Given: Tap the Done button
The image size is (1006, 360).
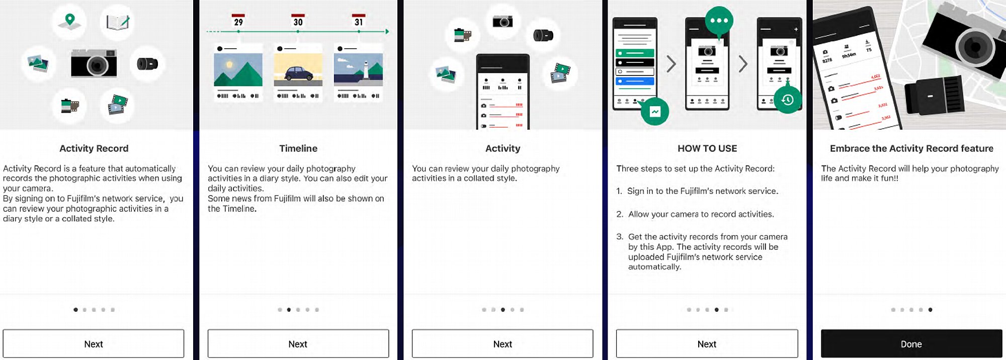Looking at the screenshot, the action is pos(911,344).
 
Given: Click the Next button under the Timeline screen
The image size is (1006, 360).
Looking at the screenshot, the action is pos(298,344).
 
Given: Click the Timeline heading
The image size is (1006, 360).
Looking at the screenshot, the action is pos(298,148).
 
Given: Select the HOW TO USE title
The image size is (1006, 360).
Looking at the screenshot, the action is pos(707,148).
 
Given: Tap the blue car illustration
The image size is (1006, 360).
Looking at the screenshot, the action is pos(299,73).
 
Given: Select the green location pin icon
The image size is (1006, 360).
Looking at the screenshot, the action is pos(70,20).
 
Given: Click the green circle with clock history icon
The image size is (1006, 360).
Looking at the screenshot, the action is pos(787,100).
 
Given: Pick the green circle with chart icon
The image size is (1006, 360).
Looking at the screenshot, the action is pos(654,112).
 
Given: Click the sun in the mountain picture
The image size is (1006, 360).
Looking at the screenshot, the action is pos(229,64).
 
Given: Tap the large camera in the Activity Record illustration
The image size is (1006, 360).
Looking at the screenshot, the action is pos(94,63).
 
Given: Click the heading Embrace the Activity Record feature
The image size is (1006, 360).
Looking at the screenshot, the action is pos(911,148).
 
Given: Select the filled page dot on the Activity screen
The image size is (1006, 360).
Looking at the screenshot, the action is pos(502,310).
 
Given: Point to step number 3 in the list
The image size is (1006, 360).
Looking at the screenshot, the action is pos(620,237).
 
